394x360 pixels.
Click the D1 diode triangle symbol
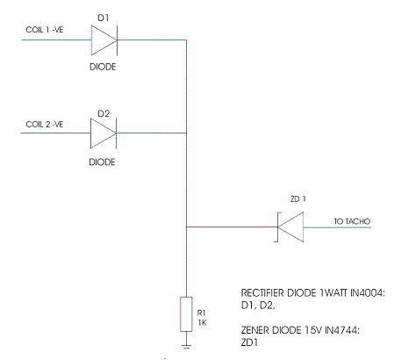(x=104, y=40)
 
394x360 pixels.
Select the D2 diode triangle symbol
(x=104, y=133)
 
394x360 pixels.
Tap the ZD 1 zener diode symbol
(x=290, y=227)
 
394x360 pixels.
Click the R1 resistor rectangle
(x=186, y=314)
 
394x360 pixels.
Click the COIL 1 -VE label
(x=45, y=30)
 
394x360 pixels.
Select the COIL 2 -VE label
(x=45, y=125)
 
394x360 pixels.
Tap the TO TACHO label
(x=352, y=221)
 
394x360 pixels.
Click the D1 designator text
(x=104, y=18)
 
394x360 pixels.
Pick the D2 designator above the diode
(x=104, y=113)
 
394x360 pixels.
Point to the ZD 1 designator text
(x=298, y=199)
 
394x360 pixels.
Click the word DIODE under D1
(x=103, y=67)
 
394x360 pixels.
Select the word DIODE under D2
(x=102, y=162)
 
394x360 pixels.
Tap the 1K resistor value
(x=202, y=322)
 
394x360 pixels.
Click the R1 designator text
(x=202, y=313)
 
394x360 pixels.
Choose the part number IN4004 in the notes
(x=368, y=292)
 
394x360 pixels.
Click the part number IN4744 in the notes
(x=342, y=330)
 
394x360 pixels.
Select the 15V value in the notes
(x=313, y=330)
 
